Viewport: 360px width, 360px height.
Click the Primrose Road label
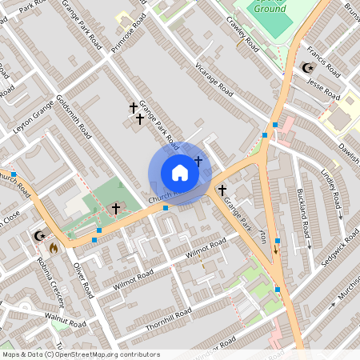(x=130, y=34)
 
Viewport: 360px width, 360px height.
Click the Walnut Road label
(x=65, y=322)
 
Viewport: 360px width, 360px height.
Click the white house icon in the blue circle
(x=179, y=173)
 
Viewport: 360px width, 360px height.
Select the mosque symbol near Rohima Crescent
(x=38, y=236)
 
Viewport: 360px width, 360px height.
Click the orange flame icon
(x=53, y=248)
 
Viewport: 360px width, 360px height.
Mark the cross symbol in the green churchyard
(x=116, y=209)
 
